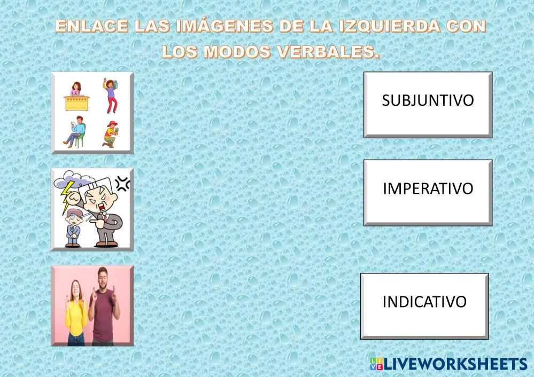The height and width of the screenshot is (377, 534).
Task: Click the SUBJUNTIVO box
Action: pyautogui.click(x=428, y=105)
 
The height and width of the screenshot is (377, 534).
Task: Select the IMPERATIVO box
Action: pyautogui.click(x=428, y=193)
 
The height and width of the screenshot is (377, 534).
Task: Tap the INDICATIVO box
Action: pyautogui.click(x=424, y=306)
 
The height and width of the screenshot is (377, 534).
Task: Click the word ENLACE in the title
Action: pyautogui.click(x=92, y=26)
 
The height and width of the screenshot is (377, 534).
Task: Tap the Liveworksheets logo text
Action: pyautogui.click(x=455, y=364)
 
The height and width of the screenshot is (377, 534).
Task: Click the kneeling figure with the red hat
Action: pyautogui.click(x=111, y=134)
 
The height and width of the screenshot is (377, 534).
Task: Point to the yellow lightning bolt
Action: pyautogui.click(x=67, y=197)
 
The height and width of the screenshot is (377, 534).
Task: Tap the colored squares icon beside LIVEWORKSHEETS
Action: pyautogui.click(x=376, y=364)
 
